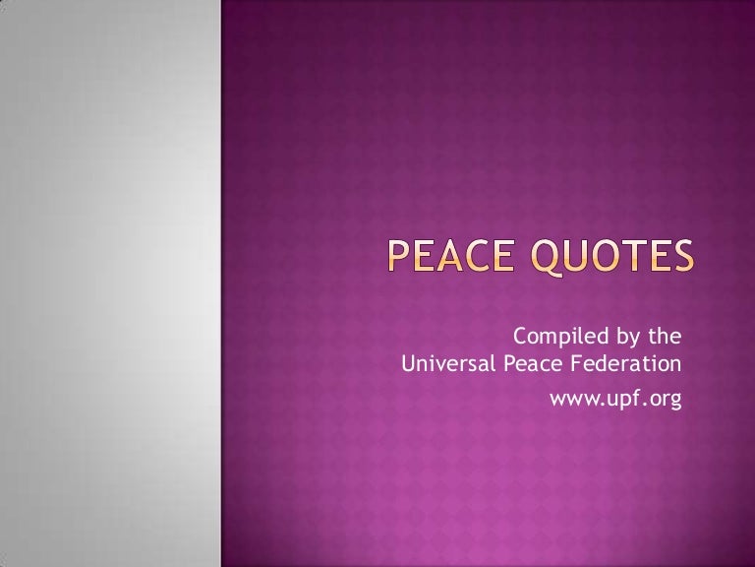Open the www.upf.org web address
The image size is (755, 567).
(x=614, y=399)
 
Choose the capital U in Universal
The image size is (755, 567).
(x=409, y=366)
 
